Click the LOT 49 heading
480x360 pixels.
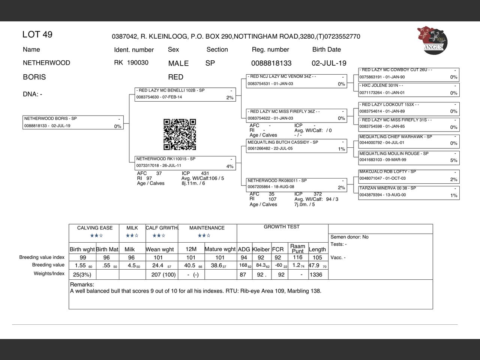pyautogui.click(x=37, y=34)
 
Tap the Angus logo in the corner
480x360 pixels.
pyautogui.click(x=432, y=40)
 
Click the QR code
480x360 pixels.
pyautogui.click(x=180, y=134)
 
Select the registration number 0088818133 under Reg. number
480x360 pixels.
pyautogui.click(x=271, y=63)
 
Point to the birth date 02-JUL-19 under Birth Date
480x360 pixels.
pyautogui.click(x=329, y=63)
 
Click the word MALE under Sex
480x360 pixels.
pyautogui.click(x=178, y=63)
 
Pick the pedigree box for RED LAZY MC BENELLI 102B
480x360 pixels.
pyautogui.click(x=185, y=94)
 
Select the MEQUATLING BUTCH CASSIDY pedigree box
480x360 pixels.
pyautogui.click(x=296, y=145)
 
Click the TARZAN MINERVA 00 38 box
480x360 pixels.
pyautogui.click(x=409, y=192)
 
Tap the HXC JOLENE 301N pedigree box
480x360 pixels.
pyautogui.click(x=409, y=89)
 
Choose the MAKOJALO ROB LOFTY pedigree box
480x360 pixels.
pyautogui.click(x=409, y=175)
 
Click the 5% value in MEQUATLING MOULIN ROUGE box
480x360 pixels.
pyautogui.click(x=454, y=160)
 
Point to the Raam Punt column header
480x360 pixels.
pyautogui.click(x=297, y=249)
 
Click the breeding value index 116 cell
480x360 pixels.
pyautogui.click(x=297, y=257)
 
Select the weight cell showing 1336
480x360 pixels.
pyautogui.click(x=316, y=274)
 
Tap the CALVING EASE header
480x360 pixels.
pyautogui.click(x=95, y=228)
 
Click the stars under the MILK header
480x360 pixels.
pyautogui.click(x=132, y=235)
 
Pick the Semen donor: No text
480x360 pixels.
pyautogui.click(x=349, y=237)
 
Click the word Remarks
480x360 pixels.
pyautogui.click(x=82, y=285)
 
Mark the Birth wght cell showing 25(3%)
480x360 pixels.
pyautogui.click(x=82, y=274)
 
